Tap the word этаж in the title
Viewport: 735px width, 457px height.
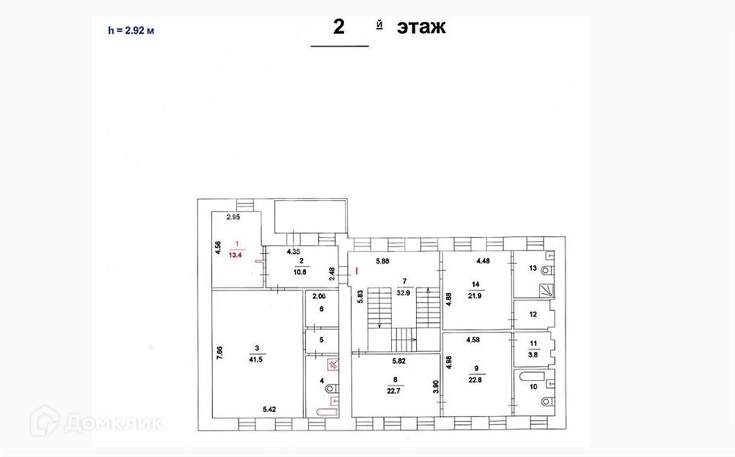421,27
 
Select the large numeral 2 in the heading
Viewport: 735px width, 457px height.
339,27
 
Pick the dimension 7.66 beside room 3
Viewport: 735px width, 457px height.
219,353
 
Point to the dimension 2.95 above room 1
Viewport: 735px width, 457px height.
235,217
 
